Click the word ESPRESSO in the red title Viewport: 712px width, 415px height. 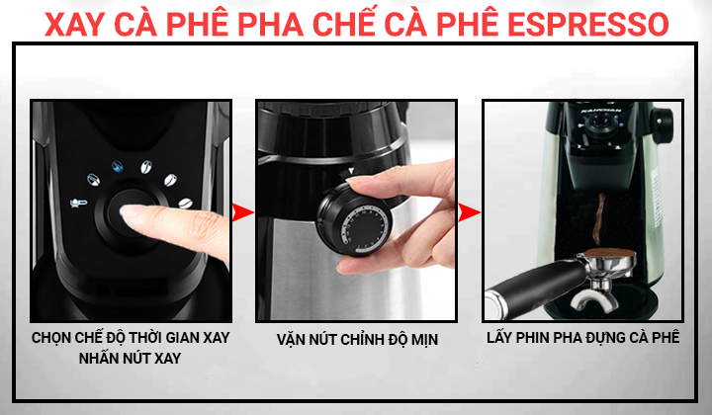click(x=587, y=25)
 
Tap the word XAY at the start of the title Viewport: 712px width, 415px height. click(x=75, y=25)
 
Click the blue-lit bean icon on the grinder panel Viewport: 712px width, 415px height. click(x=118, y=166)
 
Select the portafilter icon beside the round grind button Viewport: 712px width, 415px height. click(x=78, y=203)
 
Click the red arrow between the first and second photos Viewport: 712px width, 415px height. click(x=242, y=212)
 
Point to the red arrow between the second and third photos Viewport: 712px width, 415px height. click(x=469, y=212)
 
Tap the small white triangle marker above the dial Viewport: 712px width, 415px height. click(x=351, y=171)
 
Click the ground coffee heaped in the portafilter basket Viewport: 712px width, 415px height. click(x=609, y=253)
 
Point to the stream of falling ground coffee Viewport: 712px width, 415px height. click(x=599, y=220)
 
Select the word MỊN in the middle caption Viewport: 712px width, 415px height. click(x=424, y=339)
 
